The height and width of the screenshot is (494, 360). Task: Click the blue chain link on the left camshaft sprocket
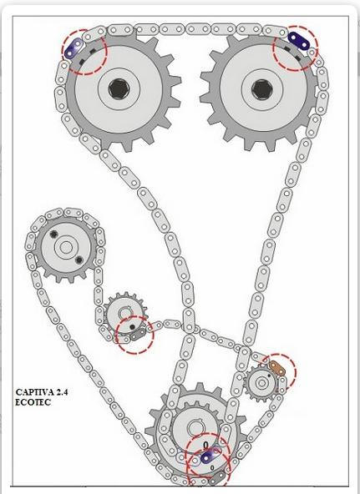74,48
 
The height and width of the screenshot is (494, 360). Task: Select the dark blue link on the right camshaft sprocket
299,41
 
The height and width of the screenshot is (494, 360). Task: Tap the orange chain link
277,369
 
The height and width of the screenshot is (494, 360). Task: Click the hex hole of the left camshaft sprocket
119,88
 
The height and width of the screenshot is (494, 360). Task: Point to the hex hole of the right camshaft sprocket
261,89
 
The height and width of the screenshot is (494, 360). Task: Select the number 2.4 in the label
63,392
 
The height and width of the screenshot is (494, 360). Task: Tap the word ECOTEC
33,402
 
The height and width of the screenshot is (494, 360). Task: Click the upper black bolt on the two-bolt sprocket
53,234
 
